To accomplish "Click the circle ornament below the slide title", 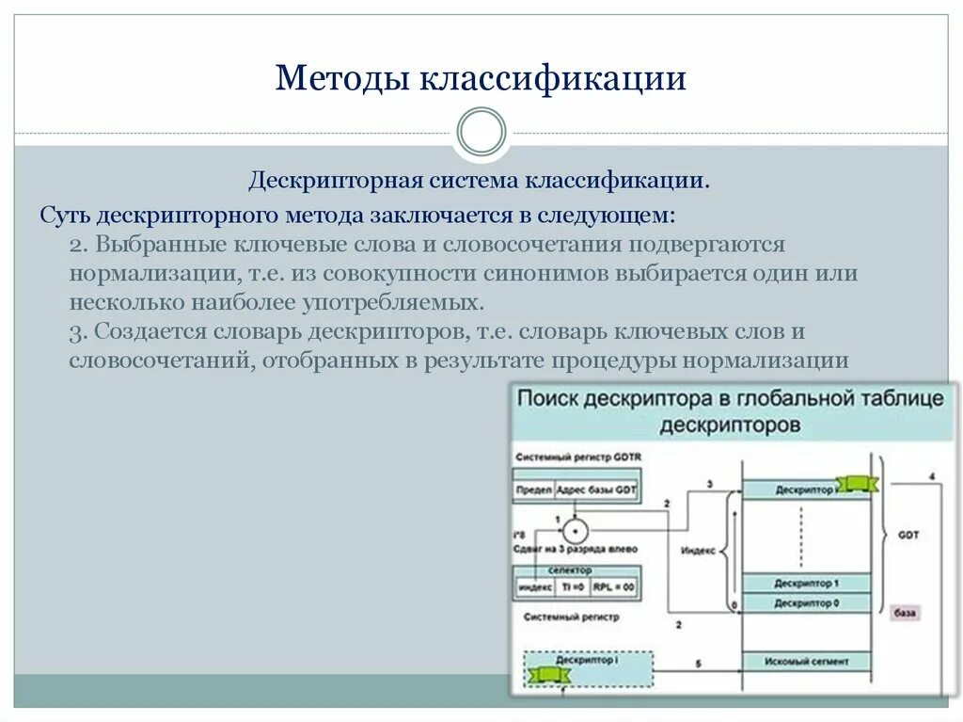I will point(481,132).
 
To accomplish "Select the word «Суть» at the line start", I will point(65,214).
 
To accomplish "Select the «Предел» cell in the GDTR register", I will point(533,490).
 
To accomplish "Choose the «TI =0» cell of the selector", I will point(572,587).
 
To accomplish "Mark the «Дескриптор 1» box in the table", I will point(806,584).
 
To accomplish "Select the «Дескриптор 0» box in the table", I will point(806,602).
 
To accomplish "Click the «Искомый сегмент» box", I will point(806,662).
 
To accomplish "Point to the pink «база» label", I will point(905,613).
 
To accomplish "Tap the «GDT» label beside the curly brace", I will point(908,535).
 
